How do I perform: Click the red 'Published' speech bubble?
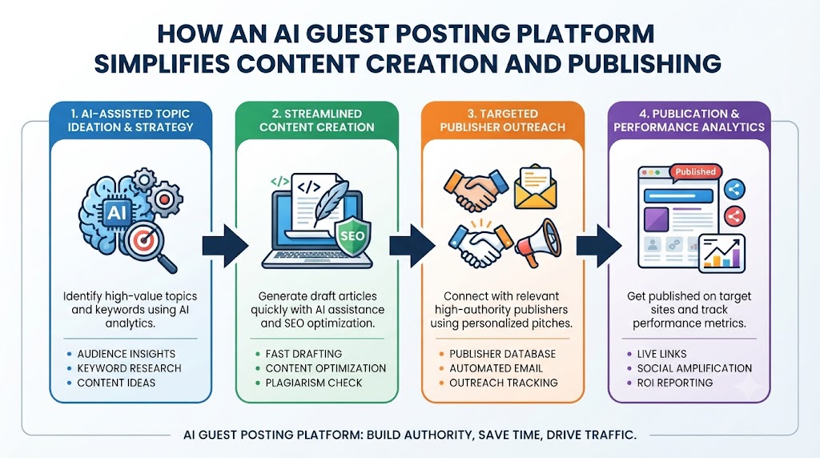coord(695,172)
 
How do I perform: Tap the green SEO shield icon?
coord(352,236)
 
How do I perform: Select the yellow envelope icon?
coord(535,187)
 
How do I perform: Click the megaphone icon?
coord(538,243)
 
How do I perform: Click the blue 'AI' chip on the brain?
coord(116,212)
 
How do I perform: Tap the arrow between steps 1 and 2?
coord(225,246)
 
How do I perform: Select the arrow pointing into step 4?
coord(599,246)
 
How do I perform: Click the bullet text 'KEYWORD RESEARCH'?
coord(129,368)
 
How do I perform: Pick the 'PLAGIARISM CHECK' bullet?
coord(314,383)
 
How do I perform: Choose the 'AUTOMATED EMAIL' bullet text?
coord(496,368)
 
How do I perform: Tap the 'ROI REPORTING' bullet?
coord(674,383)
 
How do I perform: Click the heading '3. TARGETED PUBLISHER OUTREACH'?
coord(503,120)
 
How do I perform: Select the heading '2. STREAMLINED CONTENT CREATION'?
coord(317,120)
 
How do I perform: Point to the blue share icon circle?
coord(734,189)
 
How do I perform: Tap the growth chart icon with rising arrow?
coord(722,254)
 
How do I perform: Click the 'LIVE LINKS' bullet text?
coord(661,354)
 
